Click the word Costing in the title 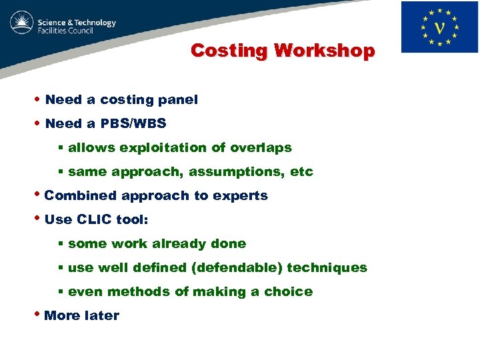click(x=229, y=51)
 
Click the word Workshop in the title click(x=325, y=51)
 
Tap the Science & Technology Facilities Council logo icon click(x=21, y=25)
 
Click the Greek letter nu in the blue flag click(x=439, y=27)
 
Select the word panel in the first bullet click(x=178, y=100)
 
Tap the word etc click(x=301, y=172)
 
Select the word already click(x=179, y=244)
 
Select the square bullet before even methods click(x=60, y=292)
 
